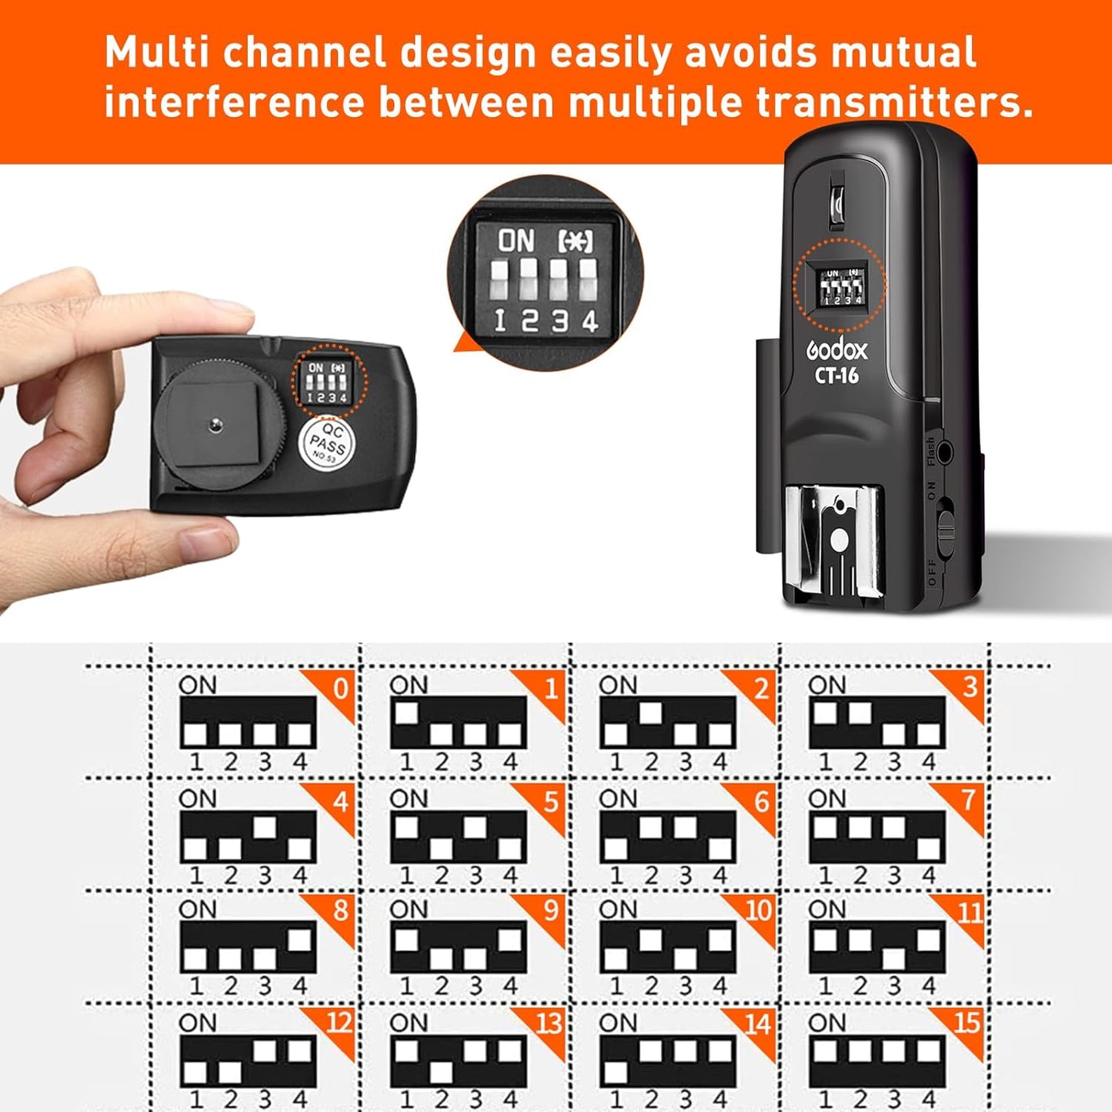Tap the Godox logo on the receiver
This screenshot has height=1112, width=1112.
click(837, 351)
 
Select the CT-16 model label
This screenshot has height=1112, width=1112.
click(837, 376)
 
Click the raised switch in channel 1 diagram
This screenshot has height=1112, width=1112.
click(406, 713)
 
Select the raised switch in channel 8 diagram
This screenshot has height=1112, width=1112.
click(299, 940)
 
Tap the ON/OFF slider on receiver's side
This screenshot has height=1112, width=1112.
click(947, 531)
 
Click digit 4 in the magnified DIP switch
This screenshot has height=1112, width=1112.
click(589, 320)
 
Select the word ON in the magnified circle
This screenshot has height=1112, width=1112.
click(516, 242)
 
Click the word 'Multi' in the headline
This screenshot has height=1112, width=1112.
click(152, 53)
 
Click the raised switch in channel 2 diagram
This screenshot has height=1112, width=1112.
click(650, 713)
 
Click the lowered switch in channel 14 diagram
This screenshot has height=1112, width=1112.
click(616, 1072)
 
